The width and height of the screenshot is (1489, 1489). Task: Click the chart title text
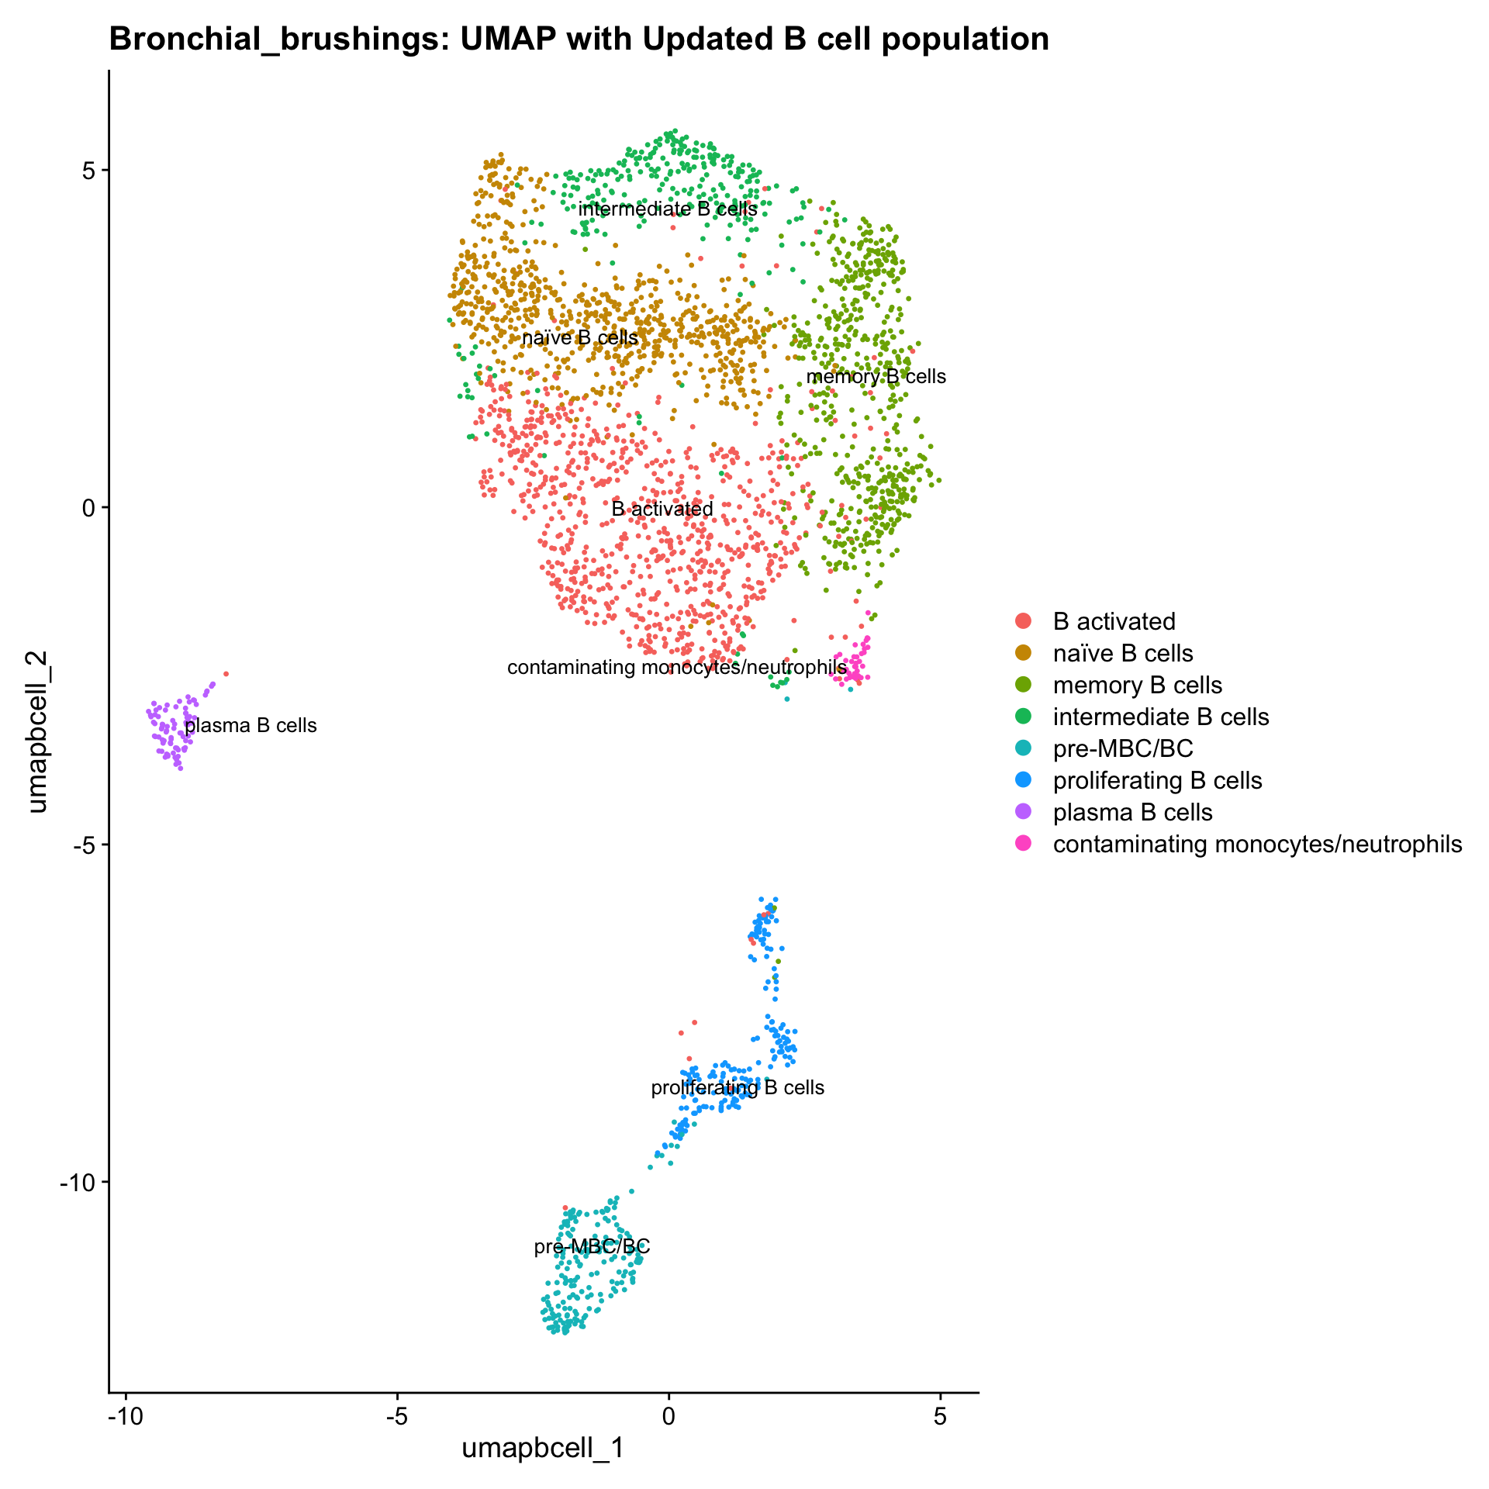[x=579, y=39]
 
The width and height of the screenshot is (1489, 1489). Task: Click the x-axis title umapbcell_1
[x=543, y=1448]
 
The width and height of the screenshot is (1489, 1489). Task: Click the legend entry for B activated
[x=1114, y=621]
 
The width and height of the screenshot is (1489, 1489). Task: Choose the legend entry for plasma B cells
[x=1132, y=812]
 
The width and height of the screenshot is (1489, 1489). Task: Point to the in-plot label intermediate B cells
[x=668, y=209]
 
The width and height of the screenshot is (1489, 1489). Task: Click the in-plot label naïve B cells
[x=580, y=337]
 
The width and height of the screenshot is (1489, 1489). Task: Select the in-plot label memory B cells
[x=876, y=377]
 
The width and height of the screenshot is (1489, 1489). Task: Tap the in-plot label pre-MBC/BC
[x=592, y=1247]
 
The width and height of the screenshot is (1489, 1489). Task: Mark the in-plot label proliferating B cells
[x=738, y=1087]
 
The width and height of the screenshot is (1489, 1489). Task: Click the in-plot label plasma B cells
[x=251, y=726]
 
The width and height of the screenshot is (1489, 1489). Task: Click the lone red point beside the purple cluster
[x=226, y=673]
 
